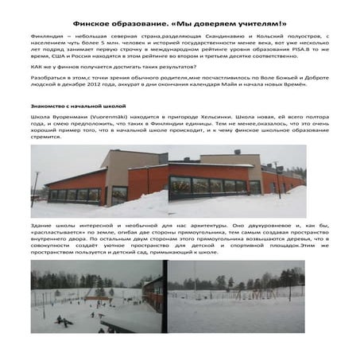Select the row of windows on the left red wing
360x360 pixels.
[x=75, y=192]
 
